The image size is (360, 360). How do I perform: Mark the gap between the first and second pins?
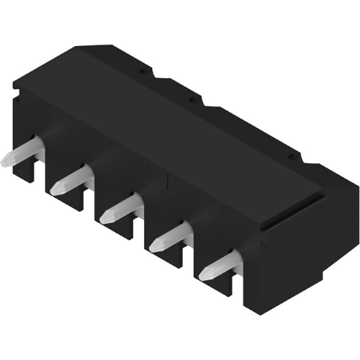click(41, 180)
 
